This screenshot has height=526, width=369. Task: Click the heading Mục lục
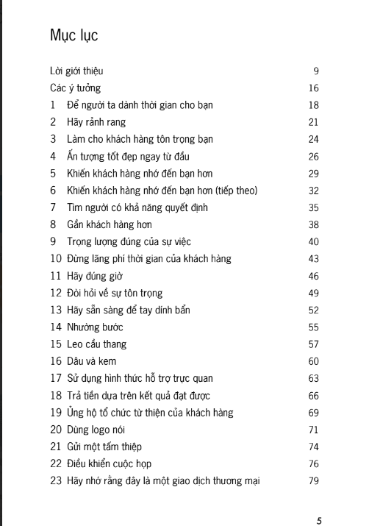(74, 35)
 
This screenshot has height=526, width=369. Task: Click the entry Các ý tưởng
(76, 88)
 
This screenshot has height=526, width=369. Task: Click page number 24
(313, 139)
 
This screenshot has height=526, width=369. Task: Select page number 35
(313, 207)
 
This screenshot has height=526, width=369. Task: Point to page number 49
(313, 293)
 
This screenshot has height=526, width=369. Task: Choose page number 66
(313, 395)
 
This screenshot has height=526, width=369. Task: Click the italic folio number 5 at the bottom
(319, 519)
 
